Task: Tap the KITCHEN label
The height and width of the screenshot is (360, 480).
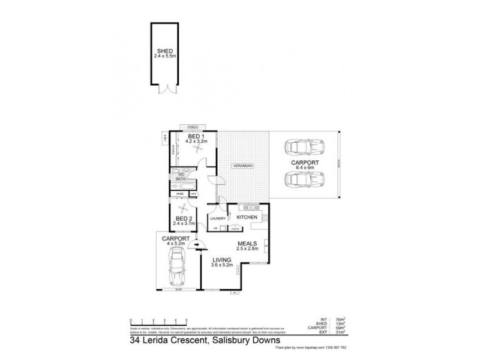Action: point(247,217)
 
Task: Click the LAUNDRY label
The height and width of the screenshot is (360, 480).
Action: point(218,218)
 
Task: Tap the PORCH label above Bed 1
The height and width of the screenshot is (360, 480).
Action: point(193,128)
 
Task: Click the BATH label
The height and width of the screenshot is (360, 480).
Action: point(180,179)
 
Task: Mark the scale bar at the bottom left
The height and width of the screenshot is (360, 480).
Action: point(158,320)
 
